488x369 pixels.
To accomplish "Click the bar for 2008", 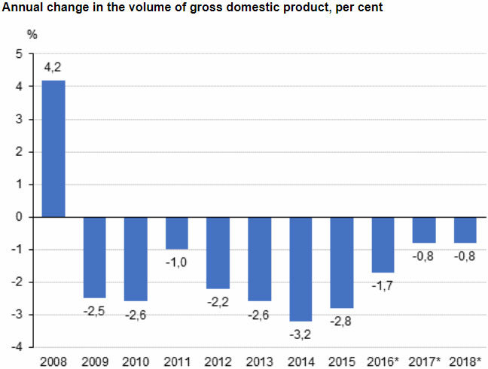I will click(53, 148).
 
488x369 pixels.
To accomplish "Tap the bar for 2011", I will click(176, 233).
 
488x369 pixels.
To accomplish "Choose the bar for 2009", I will click(94, 258).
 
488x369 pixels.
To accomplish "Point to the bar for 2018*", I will click(465, 230).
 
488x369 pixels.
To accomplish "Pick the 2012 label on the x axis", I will click(218, 361).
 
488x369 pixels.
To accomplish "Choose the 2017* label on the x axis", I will click(424, 361).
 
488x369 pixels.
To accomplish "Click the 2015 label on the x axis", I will click(341, 361).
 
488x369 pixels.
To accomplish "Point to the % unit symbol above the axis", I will click(32, 35).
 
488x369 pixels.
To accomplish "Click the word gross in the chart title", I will click(198, 8).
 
